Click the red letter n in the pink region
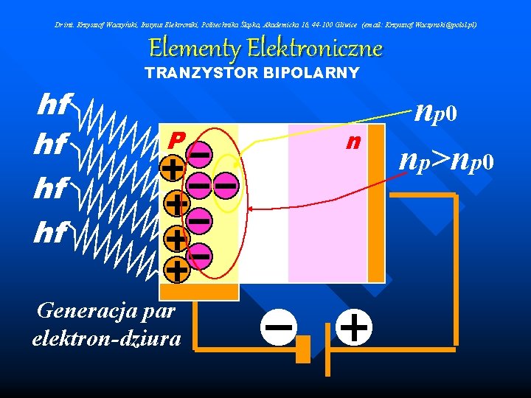355,141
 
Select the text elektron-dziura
107,338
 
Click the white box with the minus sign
278,327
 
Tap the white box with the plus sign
355,327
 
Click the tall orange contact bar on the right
376,203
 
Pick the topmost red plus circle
173,169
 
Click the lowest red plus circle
176,270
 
